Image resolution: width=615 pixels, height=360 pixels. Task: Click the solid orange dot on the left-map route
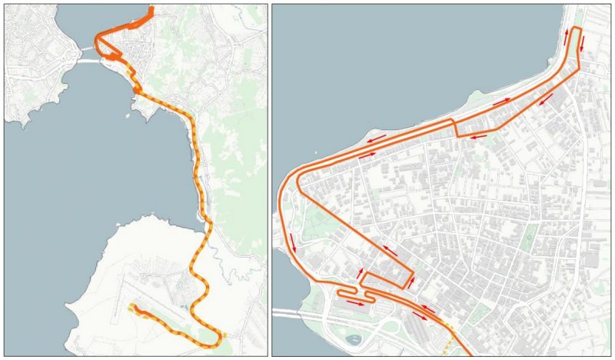pyautogui.click(x=137, y=90)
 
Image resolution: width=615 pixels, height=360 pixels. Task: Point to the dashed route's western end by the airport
pyautogui.click(x=131, y=308)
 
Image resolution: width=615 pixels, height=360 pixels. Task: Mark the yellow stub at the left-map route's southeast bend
pyautogui.click(x=223, y=336)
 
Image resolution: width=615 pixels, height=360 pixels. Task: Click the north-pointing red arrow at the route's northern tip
pyautogui.click(x=568, y=37)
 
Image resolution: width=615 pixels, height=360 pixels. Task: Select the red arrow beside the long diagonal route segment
pyautogui.click(x=390, y=250)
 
